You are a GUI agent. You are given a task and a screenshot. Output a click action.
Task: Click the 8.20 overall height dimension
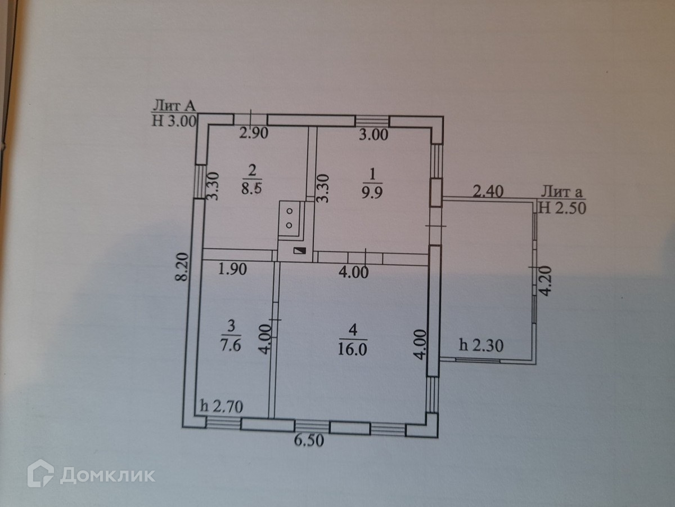[182, 266]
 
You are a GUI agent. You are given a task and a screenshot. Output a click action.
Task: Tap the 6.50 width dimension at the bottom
[309, 441]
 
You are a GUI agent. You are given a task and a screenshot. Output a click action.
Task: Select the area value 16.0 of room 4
[352, 349]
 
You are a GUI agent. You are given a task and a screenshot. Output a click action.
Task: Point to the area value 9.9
[372, 193]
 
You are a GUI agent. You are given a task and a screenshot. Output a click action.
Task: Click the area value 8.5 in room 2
[251, 188]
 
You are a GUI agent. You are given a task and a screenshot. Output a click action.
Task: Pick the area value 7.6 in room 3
[230, 345]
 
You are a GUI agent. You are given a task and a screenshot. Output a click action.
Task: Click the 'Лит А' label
[174, 106]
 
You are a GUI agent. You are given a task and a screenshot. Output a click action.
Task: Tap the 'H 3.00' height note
[174, 121]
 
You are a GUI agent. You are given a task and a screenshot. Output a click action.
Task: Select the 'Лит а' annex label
[561, 192]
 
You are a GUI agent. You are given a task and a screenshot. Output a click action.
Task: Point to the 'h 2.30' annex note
[481, 345]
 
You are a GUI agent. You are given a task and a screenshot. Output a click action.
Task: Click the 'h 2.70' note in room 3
[222, 406]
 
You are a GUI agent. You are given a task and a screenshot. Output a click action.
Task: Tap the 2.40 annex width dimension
[488, 192]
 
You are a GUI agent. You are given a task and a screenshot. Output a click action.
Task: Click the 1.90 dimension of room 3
[232, 269]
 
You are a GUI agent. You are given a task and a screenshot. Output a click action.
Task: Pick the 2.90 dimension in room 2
[254, 133]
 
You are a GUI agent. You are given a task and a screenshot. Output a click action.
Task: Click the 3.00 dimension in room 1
[373, 135]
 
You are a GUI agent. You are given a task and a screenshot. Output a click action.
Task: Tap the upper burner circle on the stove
[290, 211]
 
